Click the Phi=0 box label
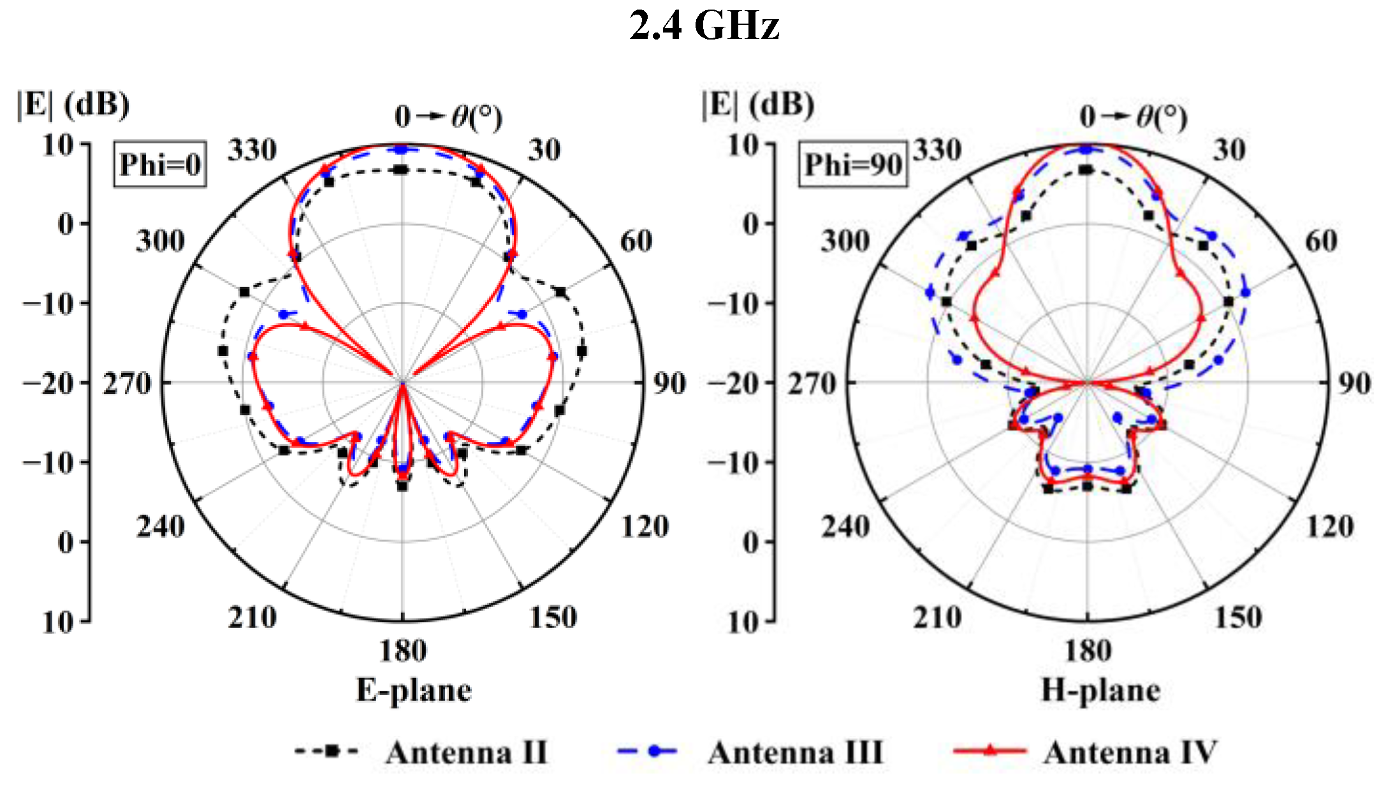160,165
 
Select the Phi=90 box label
852,165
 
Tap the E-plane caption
414,691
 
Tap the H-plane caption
1100,691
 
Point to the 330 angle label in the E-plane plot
252,150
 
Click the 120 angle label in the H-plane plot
1330,527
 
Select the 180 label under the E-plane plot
402,651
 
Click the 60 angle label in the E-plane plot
636,241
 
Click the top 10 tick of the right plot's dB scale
743,145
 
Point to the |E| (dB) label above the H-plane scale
757,104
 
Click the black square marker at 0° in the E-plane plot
401,170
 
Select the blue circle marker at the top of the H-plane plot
1087,149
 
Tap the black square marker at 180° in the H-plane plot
1088,487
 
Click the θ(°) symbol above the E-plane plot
476,117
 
